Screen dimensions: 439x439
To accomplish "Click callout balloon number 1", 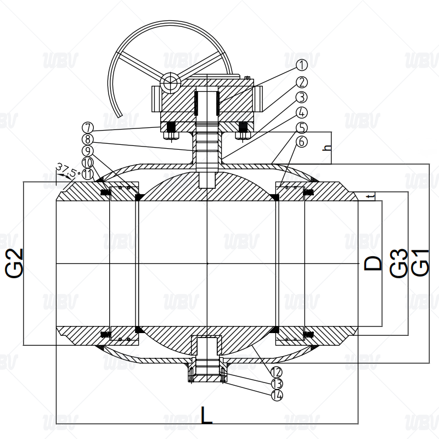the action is tap(301, 65).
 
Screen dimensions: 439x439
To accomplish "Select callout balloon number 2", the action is tap(301, 82).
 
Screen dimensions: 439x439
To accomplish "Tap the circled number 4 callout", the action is tap(301, 112).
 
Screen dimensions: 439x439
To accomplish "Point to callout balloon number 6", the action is tap(301, 142).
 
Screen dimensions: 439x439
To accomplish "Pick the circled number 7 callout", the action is tap(88, 128).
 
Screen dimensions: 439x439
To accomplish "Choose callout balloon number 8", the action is tap(88, 139).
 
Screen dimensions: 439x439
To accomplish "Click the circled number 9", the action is tap(88, 151).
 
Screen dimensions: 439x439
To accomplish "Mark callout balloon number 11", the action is tap(88, 174).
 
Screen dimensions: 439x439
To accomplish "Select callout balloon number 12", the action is tap(277, 372).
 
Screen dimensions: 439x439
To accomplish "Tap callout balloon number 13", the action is tap(277, 384).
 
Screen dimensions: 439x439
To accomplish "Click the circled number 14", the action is tap(277, 395).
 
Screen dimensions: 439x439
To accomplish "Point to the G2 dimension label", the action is tap(14, 263).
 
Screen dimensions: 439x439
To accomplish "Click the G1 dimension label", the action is tap(420, 263).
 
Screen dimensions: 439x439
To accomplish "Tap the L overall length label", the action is tap(207, 415).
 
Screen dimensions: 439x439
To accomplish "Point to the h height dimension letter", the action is tap(327, 147).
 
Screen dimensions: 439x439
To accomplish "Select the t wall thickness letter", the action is tap(372, 197).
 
